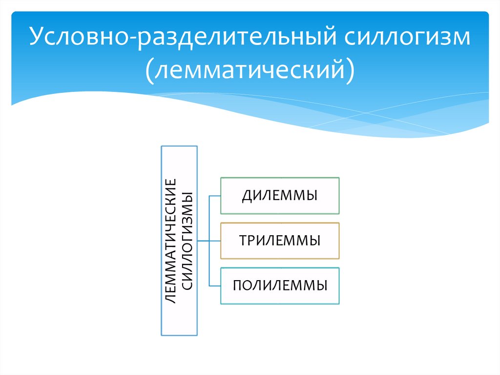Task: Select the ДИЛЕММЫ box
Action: click(x=280, y=196)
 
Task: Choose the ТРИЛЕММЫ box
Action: click(x=280, y=241)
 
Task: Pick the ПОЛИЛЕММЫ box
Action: click(x=280, y=286)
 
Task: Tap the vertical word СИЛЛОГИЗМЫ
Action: click(x=187, y=241)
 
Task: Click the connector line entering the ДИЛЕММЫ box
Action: click(x=215, y=196)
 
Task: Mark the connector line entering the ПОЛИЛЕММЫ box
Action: click(x=215, y=286)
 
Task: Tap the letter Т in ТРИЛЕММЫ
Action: click(x=242, y=241)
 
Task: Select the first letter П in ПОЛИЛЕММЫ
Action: click(x=237, y=286)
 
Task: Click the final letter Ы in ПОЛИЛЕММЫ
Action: click(x=321, y=286)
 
